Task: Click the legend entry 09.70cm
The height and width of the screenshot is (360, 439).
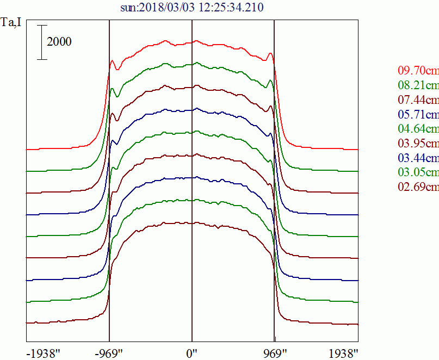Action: click(x=418, y=71)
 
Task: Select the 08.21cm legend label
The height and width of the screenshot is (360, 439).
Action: click(x=418, y=85)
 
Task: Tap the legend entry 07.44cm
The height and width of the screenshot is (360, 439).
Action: click(x=418, y=100)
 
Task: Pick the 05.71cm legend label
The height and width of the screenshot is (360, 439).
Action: click(x=418, y=115)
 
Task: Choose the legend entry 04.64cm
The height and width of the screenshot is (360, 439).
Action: click(x=418, y=129)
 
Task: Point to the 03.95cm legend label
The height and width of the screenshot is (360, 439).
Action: click(x=418, y=144)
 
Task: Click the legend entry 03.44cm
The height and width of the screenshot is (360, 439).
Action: click(x=418, y=158)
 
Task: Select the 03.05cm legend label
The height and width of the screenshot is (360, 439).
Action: click(x=418, y=173)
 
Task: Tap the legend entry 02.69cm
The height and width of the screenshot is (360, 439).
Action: click(x=418, y=187)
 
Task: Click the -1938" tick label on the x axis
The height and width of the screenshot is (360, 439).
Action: click(x=44, y=352)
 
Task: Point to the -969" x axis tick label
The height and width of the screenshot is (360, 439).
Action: click(x=109, y=352)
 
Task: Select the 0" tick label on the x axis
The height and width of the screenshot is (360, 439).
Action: click(x=192, y=352)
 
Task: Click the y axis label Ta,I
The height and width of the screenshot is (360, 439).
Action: click(x=11, y=23)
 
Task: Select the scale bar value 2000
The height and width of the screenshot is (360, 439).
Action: click(x=59, y=42)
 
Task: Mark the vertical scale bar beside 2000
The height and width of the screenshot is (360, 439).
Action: click(x=42, y=42)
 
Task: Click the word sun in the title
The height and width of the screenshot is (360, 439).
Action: click(x=128, y=8)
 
